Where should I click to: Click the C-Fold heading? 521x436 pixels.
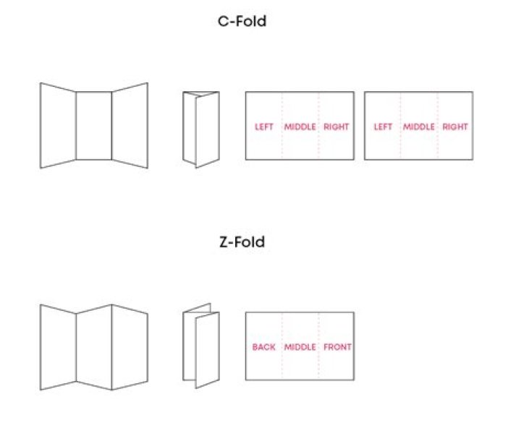242,22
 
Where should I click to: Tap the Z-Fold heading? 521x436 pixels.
242,242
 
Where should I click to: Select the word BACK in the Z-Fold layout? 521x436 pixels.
263,347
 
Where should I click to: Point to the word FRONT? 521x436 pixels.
337,347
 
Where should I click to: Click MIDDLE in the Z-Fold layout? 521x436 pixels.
300,347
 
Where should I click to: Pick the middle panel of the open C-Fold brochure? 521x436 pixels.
93,126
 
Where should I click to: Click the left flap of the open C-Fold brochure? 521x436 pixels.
58,126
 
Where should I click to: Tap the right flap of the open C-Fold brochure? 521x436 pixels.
130,126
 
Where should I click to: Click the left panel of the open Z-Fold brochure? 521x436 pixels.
58,347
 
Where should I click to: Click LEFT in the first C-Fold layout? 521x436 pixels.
264,127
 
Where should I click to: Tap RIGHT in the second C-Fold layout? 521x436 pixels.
455,127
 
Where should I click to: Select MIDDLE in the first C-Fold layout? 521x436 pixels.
300,127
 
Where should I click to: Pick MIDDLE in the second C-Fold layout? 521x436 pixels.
418,127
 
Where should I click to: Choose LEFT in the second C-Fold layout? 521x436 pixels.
383,127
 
